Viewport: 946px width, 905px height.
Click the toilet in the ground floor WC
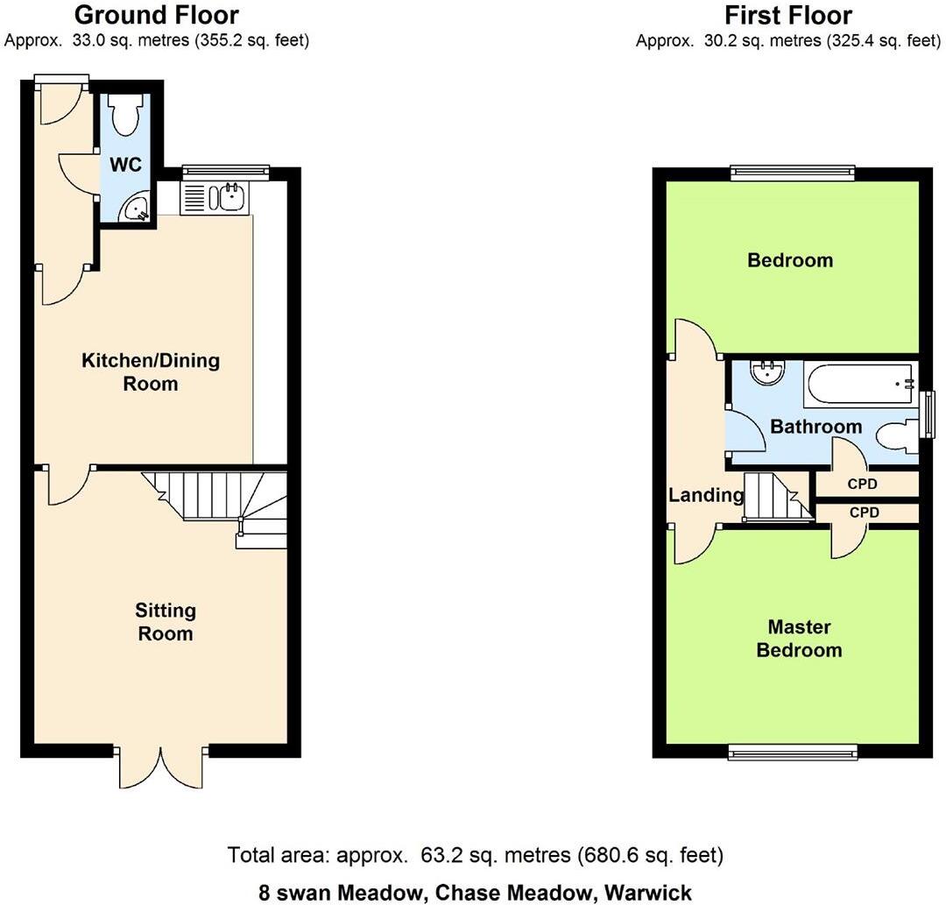click(127, 115)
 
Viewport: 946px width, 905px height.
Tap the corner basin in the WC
click(133, 209)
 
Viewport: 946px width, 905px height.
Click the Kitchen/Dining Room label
click(151, 372)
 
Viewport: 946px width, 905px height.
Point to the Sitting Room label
click(165, 622)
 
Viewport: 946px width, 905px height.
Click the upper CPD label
click(863, 484)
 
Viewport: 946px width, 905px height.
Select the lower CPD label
click(863, 512)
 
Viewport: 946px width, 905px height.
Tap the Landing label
click(705, 495)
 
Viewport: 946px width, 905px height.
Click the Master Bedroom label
click(799, 639)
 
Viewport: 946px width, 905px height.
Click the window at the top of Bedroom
click(793, 173)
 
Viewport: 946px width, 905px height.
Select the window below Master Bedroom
click(793, 751)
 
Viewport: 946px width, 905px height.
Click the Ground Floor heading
click(156, 15)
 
